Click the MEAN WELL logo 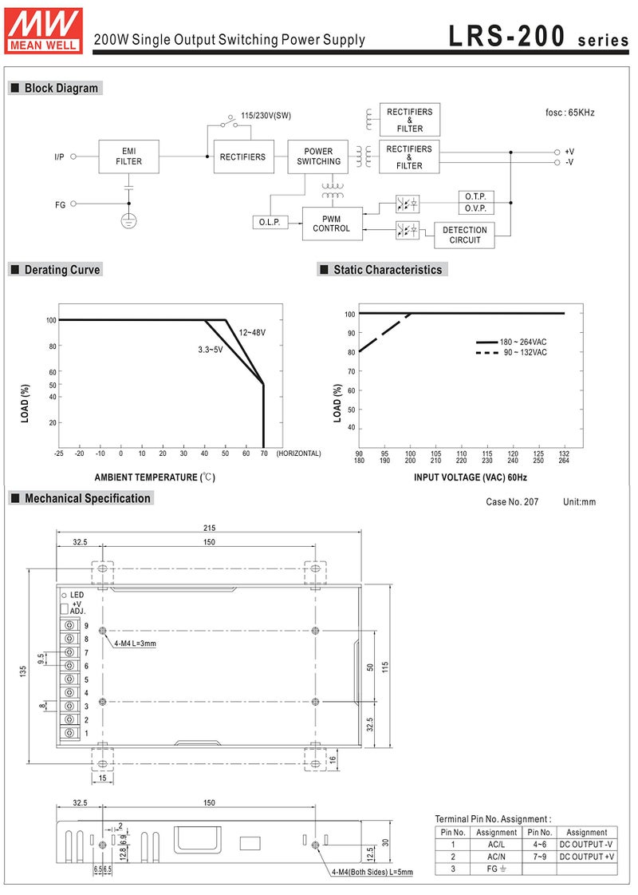[44, 31]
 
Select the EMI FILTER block [129, 156]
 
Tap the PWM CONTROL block [332, 224]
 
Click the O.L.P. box [270, 222]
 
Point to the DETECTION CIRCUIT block [465, 235]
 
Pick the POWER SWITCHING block [318, 156]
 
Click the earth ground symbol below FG [129, 220]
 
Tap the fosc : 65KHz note [569, 113]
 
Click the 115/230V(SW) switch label [266, 115]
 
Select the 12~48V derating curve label [252, 332]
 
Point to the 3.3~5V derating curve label [211, 350]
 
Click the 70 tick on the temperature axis [264, 453]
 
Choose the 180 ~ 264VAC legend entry [511, 342]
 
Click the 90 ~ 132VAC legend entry [511, 352]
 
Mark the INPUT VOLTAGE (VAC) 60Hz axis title [471, 477]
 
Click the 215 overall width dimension [209, 528]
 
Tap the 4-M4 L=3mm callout [135, 644]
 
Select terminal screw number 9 [70, 626]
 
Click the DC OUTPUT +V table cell [587, 856]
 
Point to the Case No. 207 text [512, 501]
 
